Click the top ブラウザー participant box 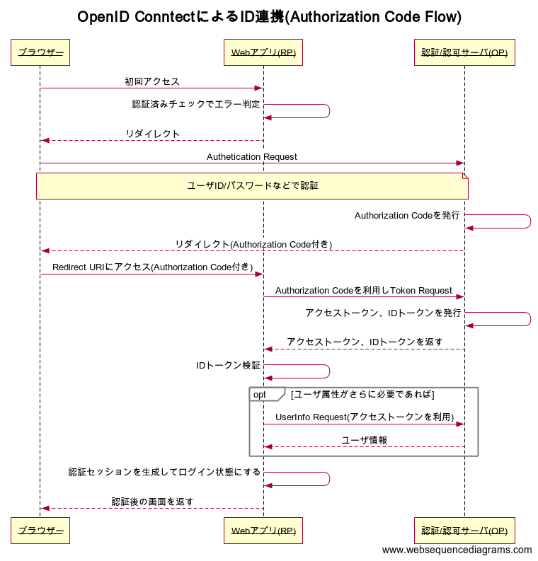coord(40,52)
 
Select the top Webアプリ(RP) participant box coord(263,52)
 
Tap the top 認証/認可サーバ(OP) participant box coord(464,52)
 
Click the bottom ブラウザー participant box coord(40,530)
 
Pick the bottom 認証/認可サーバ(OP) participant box coord(464,530)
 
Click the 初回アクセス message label coord(152,81)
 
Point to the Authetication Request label coord(252,156)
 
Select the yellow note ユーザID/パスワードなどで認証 coord(252,185)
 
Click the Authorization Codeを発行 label coord(407,215)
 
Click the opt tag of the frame coord(261,394)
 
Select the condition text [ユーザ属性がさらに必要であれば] coord(362,394)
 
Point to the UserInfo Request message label coord(365,417)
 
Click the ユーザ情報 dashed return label coord(365,439)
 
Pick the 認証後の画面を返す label coord(152,502)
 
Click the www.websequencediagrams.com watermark coord(457,550)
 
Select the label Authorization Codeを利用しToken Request coord(364,290)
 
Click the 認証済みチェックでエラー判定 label coord(196,104)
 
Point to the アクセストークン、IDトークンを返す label coord(365,342)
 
